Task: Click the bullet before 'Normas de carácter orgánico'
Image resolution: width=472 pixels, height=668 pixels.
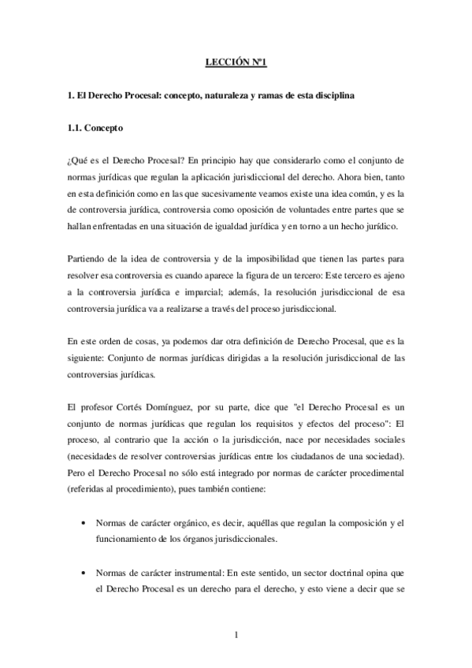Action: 84,523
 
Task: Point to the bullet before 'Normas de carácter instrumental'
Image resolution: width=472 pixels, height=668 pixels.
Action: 84,572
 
